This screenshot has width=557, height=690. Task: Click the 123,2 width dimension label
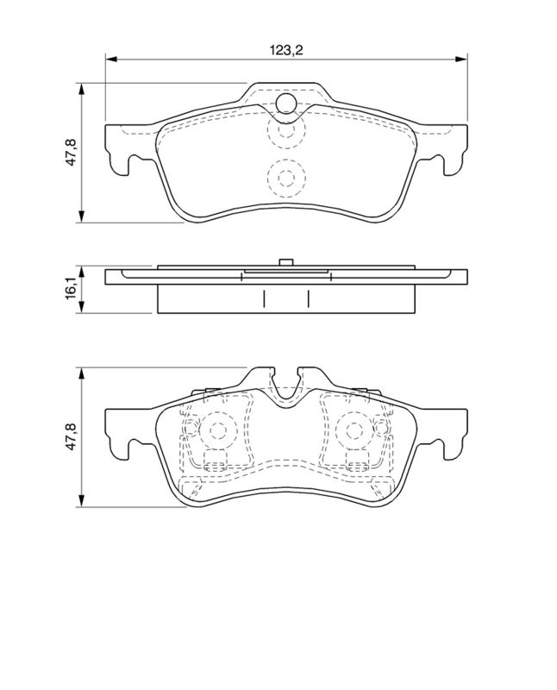(286, 50)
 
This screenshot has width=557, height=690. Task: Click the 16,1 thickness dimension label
(72, 289)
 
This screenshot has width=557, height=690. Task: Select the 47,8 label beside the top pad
(71, 153)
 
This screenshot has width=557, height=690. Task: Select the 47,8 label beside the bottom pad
(71, 436)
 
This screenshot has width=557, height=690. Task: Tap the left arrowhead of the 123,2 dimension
(111, 59)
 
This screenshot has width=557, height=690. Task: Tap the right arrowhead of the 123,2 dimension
(461, 59)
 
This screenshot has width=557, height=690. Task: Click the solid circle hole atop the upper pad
(286, 103)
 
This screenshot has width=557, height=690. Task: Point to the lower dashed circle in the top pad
(286, 178)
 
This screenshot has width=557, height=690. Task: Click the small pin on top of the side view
(286, 262)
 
